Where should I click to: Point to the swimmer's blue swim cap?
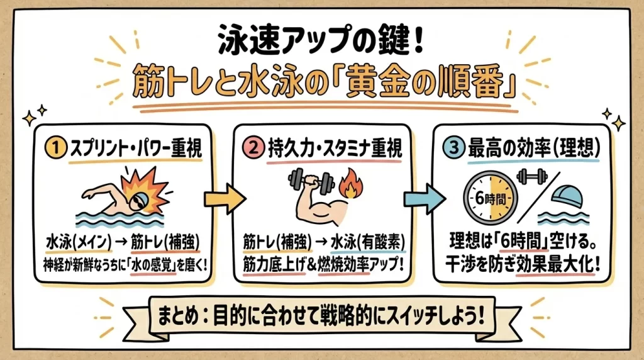(142, 198)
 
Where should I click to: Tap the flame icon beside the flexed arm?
(350, 186)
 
